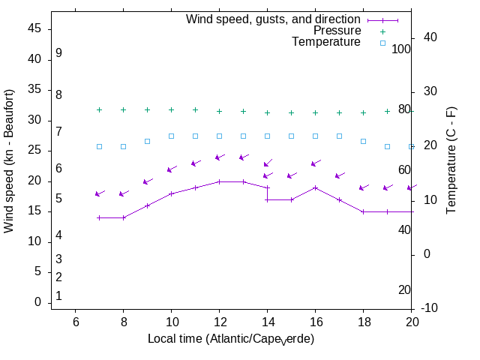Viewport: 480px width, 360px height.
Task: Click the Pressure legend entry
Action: [337, 31]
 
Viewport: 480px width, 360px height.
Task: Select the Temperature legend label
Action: [326, 42]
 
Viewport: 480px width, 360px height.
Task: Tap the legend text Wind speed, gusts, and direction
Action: [274, 19]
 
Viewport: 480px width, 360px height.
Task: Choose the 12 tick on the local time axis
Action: [219, 322]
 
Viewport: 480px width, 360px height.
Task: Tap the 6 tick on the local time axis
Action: [75, 322]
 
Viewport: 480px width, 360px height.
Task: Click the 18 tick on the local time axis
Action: [363, 322]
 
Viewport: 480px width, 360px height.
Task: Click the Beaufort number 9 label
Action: [58, 53]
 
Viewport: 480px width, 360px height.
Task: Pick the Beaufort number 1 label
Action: [58, 296]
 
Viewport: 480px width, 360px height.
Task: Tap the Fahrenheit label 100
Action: [402, 49]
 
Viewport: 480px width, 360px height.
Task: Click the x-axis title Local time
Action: [231, 339]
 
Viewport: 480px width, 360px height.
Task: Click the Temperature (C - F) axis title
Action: [451, 159]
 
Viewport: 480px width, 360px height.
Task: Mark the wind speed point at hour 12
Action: [219, 181]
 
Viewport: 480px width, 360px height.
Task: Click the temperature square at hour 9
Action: [147, 141]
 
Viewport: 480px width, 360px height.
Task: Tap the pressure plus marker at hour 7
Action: [99, 110]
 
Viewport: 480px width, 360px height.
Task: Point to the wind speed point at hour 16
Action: [315, 187]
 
